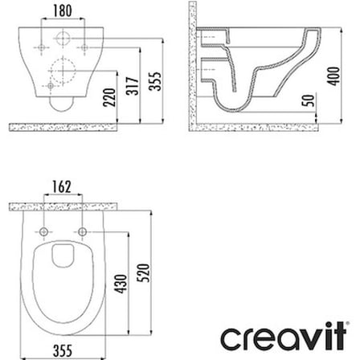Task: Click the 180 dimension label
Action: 63,10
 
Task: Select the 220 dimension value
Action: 109,97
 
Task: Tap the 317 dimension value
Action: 133,86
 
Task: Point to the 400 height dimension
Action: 334,76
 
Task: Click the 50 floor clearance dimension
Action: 309,100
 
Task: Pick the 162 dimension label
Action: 62,186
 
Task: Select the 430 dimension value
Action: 121,284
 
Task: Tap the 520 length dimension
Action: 143,272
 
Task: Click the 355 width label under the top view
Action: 63,350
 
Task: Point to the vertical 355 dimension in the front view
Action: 155,81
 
